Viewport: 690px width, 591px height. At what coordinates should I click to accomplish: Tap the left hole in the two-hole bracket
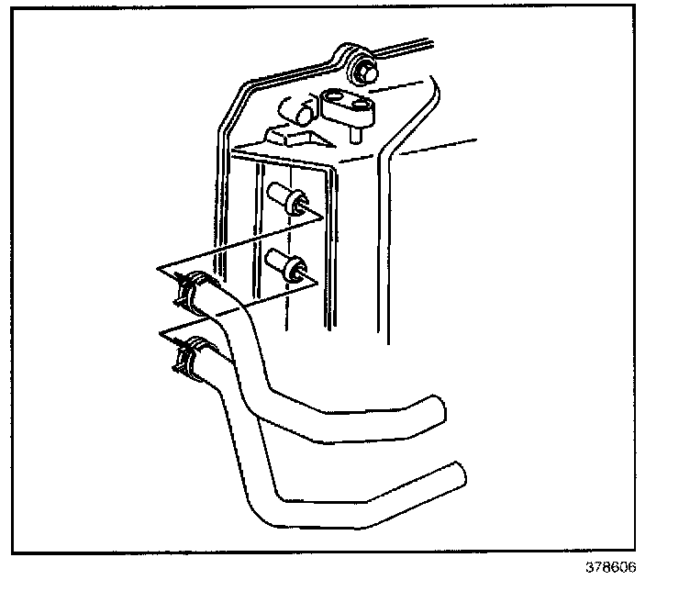click(336, 96)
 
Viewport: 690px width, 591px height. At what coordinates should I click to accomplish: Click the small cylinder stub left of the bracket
click(301, 115)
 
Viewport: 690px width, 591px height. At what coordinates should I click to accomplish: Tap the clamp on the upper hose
click(187, 291)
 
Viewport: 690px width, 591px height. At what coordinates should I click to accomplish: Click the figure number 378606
click(608, 566)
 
